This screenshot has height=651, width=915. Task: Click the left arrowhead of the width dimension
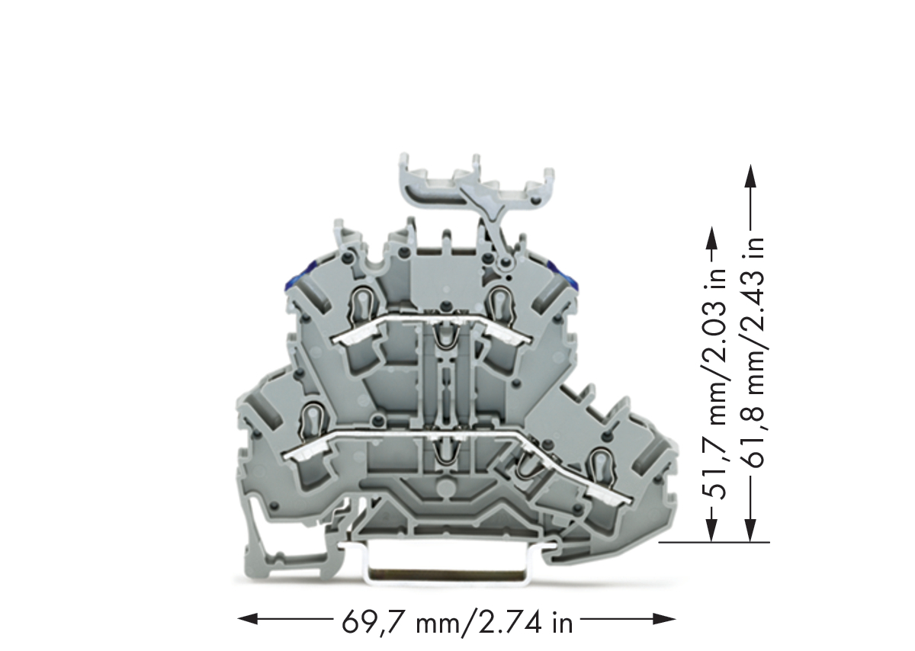click(x=248, y=619)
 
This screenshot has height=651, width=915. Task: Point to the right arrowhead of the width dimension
click(x=666, y=619)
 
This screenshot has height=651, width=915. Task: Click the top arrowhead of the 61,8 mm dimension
click(x=750, y=175)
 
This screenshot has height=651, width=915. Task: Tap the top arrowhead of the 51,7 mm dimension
click(x=712, y=238)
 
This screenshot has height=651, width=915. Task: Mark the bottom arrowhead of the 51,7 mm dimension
click(x=712, y=531)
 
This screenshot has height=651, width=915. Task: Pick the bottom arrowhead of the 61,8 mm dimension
click(x=750, y=531)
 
